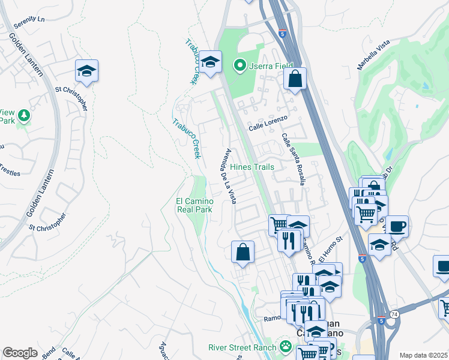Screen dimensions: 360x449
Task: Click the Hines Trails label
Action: [x=252, y=167]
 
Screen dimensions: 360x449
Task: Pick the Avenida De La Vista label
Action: [x=230, y=176]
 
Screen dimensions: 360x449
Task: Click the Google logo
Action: [x=20, y=353]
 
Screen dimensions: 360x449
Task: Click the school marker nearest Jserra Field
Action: [x=210, y=61]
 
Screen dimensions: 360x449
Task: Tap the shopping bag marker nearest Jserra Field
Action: [x=295, y=78]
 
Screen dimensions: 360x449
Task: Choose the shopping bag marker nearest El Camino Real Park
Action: [x=243, y=252]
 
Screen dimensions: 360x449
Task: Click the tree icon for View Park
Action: [x=23, y=115]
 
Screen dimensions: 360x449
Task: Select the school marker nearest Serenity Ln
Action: [x=86, y=71]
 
